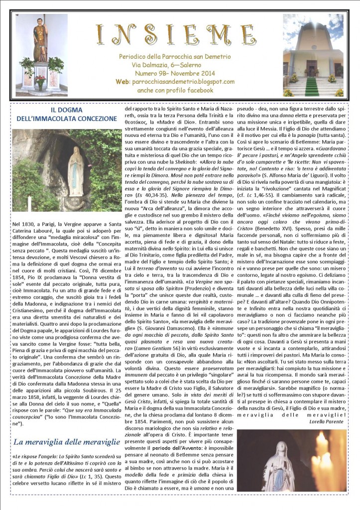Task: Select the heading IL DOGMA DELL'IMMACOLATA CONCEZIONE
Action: coord(62,115)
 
